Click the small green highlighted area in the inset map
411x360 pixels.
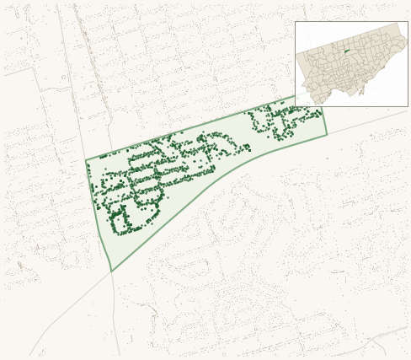[x=346, y=51]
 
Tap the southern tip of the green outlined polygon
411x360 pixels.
[x=111, y=271]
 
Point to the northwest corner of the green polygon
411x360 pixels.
[x=86, y=160]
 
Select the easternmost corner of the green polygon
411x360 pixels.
[x=327, y=134]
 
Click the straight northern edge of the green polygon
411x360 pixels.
[x=194, y=128]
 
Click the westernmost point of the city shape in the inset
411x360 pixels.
[x=296, y=52]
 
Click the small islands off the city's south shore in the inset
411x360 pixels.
[x=361, y=91]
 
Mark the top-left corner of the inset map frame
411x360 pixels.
[x=295, y=22]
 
